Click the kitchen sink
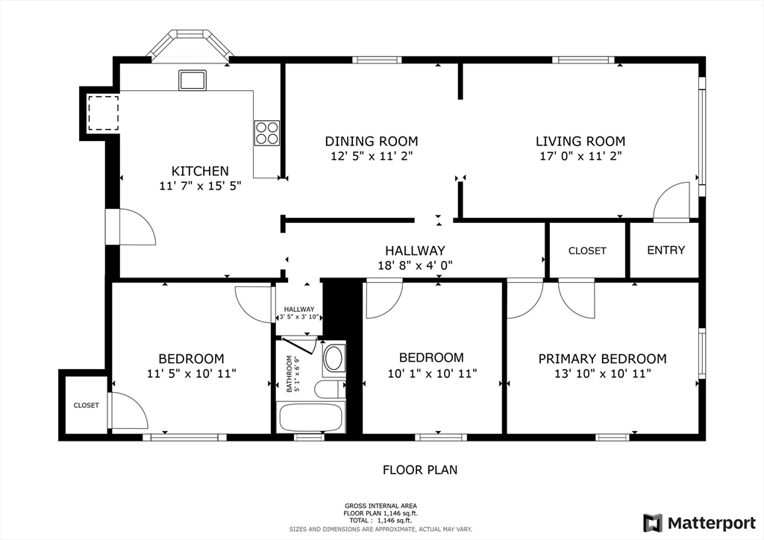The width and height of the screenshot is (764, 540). point(192,80)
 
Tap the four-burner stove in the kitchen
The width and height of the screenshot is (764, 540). point(267,133)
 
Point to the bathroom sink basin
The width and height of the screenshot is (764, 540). point(334,358)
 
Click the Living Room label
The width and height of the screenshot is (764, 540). point(580,141)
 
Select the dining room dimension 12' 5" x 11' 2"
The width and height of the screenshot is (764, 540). point(371,157)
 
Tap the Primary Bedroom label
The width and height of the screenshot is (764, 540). point(602,359)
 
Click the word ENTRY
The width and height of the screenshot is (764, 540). point(666,251)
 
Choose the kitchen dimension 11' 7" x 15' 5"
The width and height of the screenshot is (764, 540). point(200,186)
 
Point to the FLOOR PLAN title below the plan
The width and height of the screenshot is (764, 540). point(420,470)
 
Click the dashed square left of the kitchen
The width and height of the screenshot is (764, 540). point(103,113)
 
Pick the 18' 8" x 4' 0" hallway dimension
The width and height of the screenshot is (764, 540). point(415,265)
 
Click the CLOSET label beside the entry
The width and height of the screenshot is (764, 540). point(587,251)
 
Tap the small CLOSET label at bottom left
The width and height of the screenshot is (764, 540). point(86,406)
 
